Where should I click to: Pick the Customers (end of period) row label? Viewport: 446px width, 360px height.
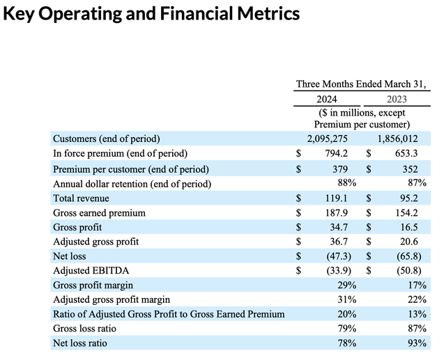pos(107,138)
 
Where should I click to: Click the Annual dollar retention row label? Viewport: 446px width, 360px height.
pos(132,184)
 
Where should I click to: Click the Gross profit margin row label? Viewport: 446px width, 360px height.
pos(93,285)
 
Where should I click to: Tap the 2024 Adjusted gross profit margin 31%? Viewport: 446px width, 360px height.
pos(346,300)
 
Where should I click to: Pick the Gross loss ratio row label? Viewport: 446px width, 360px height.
pos(84,329)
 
